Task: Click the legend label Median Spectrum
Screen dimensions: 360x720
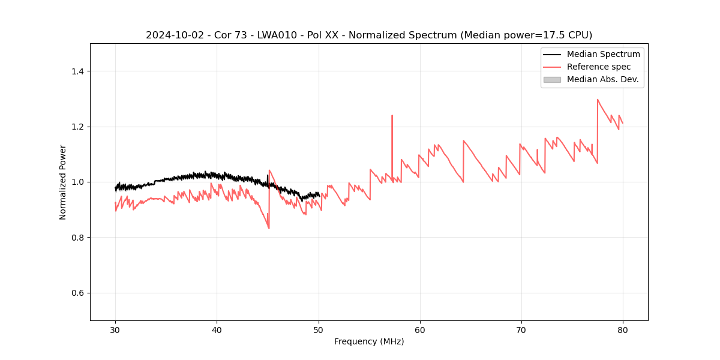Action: click(603, 54)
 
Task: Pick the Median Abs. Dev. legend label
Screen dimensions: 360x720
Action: click(602, 79)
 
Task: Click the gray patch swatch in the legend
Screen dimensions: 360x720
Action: click(552, 79)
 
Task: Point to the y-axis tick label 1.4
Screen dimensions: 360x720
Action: click(78, 71)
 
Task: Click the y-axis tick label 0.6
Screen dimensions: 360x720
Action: click(78, 293)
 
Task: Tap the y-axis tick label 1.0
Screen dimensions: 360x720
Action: click(78, 182)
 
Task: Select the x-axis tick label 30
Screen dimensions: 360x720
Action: click(115, 330)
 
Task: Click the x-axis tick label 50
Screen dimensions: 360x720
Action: click(319, 330)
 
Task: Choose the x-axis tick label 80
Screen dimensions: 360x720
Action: click(623, 330)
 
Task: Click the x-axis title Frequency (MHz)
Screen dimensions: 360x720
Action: click(369, 341)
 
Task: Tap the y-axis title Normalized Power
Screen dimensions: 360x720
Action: click(63, 182)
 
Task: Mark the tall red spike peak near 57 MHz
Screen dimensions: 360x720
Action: click(392, 115)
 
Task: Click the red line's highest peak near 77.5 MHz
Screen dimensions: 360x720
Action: click(598, 100)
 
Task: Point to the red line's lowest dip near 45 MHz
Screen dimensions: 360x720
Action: click(269, 228)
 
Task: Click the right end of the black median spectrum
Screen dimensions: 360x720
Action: click(320, 194)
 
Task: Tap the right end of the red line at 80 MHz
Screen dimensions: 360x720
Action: click(623, 123)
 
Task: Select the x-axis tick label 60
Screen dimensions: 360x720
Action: click(420, 330)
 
